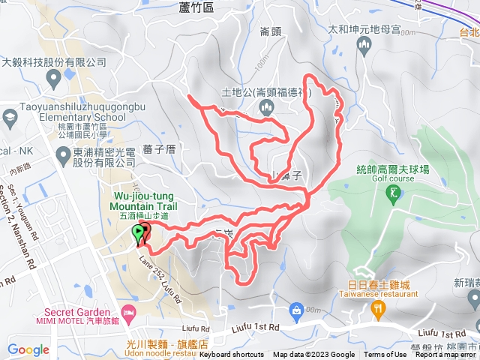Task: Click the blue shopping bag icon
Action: (x=297, y=309)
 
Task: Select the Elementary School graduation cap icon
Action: (x=9, y=117)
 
